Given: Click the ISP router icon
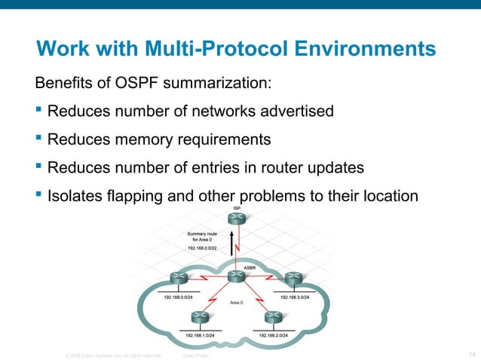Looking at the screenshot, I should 238,218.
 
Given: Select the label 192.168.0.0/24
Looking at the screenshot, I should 179,297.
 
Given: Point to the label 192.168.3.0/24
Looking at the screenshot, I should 295,297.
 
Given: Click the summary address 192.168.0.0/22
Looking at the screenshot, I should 202,247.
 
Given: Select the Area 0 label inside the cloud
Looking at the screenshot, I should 238,302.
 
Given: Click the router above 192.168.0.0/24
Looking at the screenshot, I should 179,279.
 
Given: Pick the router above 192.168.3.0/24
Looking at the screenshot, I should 293,279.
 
